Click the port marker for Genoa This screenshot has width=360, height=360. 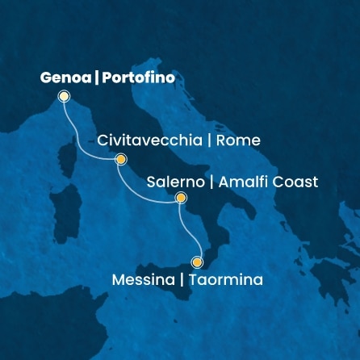point(64,97)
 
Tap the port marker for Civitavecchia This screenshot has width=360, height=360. point(121,159)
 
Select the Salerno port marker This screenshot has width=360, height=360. point(181,198)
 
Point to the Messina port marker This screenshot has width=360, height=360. point(197,262)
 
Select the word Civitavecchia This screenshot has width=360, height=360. point(149,140)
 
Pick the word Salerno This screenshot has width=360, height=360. point(174,182)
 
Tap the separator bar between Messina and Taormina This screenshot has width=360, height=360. point(182,280)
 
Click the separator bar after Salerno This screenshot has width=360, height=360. point(211,182)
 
